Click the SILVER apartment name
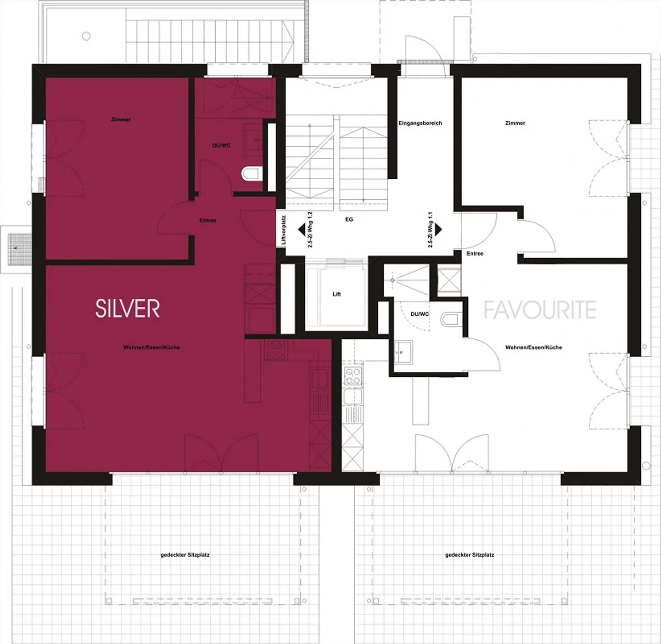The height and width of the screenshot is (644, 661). click(128, 308)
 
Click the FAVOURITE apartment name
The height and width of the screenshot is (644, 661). click(539, 310)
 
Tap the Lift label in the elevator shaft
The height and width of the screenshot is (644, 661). click(336, 294)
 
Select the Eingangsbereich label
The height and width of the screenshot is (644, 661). click(420, 123)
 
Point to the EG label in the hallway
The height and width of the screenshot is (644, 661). click(349, 220)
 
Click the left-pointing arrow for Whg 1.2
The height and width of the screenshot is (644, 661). click(302, 229)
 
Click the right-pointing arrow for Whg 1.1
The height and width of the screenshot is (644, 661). click(438, 229)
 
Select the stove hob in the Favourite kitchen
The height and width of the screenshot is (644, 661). click(353, 376)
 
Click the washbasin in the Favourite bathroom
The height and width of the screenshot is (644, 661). click(403, 353)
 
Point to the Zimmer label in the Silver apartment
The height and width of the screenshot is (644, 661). click(121, 120)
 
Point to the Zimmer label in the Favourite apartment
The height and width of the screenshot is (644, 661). click(515, 123)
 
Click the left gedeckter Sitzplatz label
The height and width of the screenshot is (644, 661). click(185, 555)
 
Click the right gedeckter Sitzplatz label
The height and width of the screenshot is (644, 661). click(470, 555)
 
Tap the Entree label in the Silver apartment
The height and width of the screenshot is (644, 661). click(207, 221)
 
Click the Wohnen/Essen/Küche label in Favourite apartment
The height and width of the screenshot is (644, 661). click(533, 348)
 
